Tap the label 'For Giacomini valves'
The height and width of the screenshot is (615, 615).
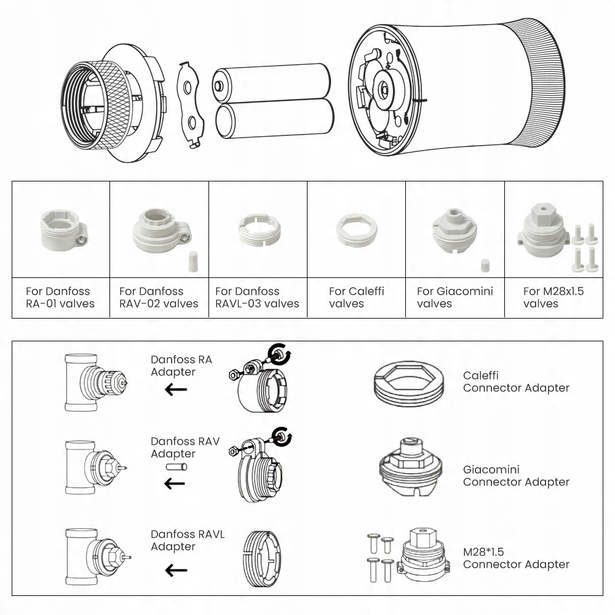pos(454,297)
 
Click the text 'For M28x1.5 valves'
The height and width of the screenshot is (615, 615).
pos(553,297)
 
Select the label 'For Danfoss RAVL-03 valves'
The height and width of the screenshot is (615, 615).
pos(257,297)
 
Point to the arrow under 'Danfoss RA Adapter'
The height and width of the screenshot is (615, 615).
pos(176,389)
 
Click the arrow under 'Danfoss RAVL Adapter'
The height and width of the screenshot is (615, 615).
pos(176,570)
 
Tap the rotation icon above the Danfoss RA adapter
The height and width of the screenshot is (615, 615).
pos(282,353)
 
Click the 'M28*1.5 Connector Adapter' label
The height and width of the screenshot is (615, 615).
pos(516,557)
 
